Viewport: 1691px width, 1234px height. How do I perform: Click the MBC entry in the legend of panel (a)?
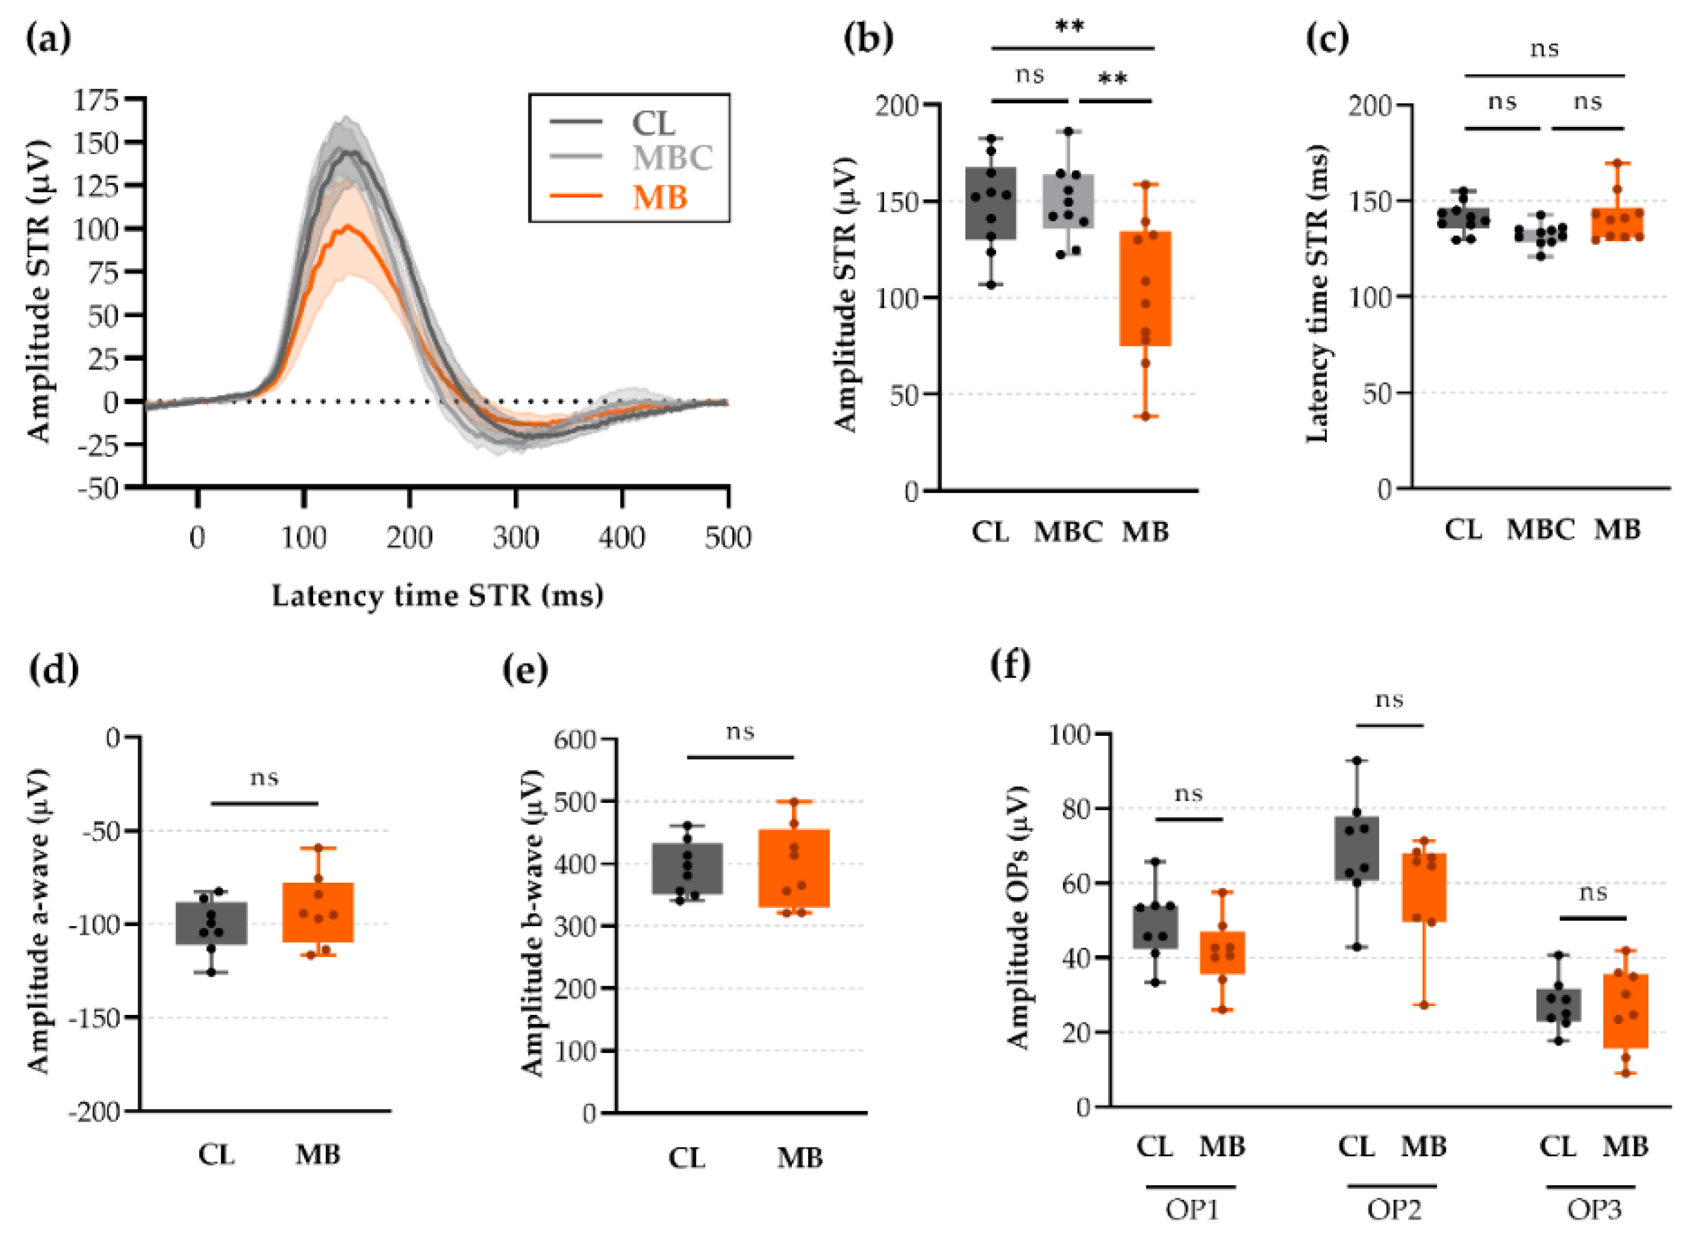(x=671, y=157)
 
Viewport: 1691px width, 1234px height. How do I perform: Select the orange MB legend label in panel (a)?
(x=659, y=197)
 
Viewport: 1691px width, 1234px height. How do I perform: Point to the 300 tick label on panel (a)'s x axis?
(x=515, y=537)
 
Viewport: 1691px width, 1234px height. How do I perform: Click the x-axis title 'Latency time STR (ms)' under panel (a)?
(x=437, y=596)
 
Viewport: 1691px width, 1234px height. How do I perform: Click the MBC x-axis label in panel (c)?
(x=1539, y=530)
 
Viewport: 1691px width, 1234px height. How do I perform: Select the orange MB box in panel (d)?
(x=318, y=912)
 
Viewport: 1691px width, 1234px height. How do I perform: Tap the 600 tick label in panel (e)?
(x=574, y=740)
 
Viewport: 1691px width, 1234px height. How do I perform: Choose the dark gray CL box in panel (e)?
(x=687, y=868)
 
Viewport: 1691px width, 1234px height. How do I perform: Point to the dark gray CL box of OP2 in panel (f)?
(x=1357, y=848)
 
